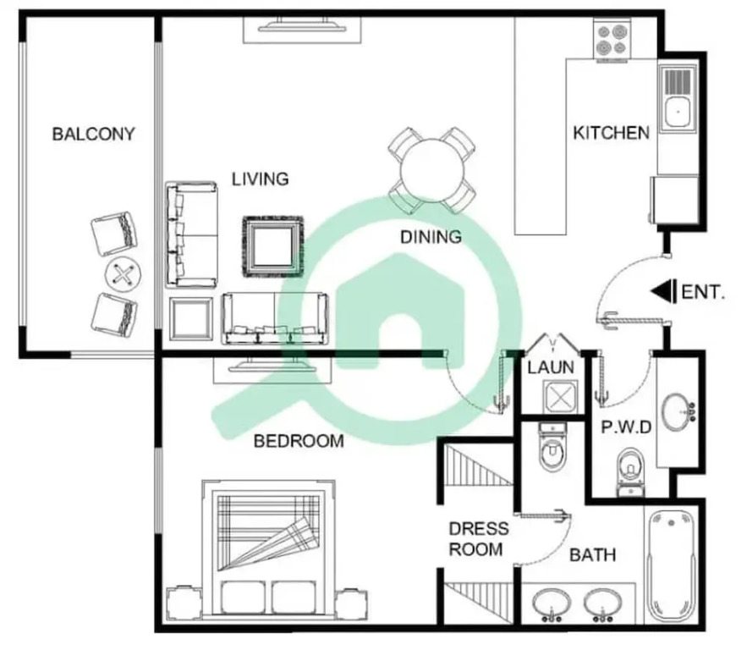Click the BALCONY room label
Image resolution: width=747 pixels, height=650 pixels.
[x=93, y=134]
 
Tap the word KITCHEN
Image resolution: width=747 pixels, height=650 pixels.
[x=612, y=133]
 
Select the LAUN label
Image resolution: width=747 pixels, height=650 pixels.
[x=551, y=367]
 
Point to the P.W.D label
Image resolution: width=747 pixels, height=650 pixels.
[x=626, y=427]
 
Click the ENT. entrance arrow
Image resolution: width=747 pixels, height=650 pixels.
[x=663, y=292]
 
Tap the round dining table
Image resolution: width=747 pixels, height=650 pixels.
[x=432, y=170]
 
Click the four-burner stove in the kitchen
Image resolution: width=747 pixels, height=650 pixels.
[x=612, y=41]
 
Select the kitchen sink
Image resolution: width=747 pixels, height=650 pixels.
[x=677, y=101]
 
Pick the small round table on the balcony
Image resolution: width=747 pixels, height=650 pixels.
[x=124, y=274]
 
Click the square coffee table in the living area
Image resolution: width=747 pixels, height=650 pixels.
[x=273, y=246]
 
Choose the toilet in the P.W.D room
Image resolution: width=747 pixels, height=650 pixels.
[x=631, y=471]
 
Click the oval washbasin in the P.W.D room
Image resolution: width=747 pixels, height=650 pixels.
[x=678, y=411]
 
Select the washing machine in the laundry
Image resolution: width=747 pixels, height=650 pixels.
[x=560, y=397]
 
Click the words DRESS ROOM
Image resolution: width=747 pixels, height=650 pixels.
[x=478, y=539]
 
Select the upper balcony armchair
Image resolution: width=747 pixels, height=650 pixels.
[x=114, y=233]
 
